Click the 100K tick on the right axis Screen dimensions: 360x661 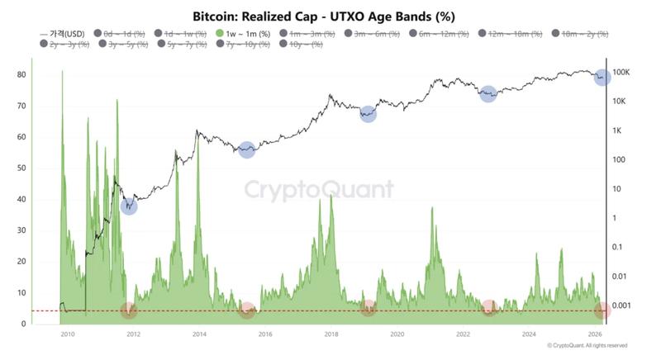pyautogui.click(x=621, y=73)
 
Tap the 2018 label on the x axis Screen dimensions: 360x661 pyautogui.click(x=331, y=334)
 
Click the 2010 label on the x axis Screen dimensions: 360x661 pyautogui.click(x=68, y=334)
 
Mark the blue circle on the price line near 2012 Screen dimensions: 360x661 pyautogui.click(x=129, y=206)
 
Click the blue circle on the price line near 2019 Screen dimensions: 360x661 pyautogui.click(x=369, y=115)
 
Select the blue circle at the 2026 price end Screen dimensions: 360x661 pyautogui.click(x=602, y=77)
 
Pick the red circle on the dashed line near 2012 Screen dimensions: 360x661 pyautogui.click(x=128, y=310)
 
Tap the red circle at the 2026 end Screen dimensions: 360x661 pyautogui.click(x=602, y=310)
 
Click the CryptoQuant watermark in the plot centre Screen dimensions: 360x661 pyautogui.click(x=318, y=191)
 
